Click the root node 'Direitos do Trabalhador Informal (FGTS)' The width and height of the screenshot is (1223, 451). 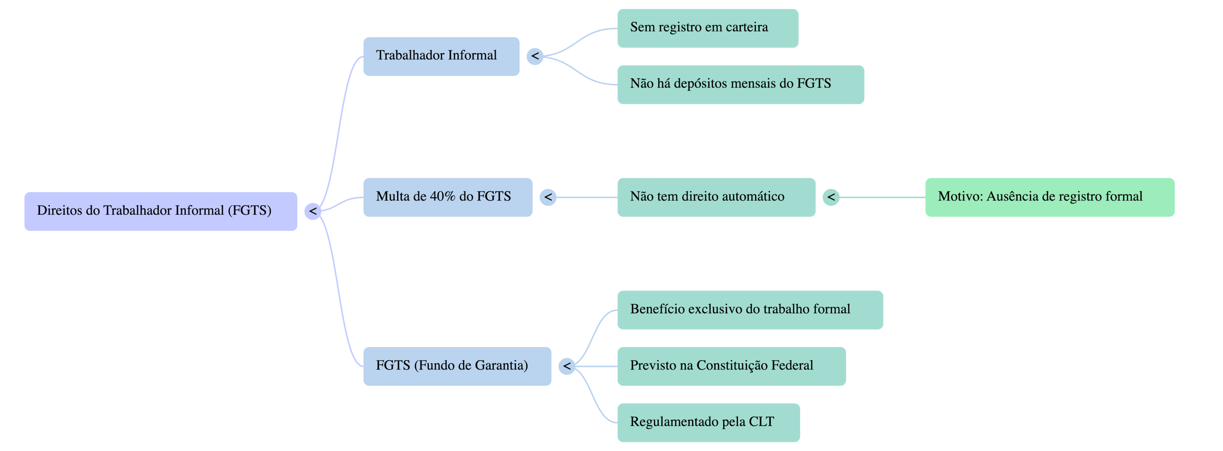[x=161, y=211]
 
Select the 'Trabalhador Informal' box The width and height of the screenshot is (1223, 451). [x=441, y=56]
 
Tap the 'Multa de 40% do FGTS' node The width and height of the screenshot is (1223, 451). [x=448, y=197]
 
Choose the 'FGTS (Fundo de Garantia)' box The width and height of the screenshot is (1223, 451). [x=457, y=366]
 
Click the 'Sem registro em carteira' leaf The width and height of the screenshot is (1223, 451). [x=707, y=28]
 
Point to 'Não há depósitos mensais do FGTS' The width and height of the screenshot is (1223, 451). [x=740, y=84]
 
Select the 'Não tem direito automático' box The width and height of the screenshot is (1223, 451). [x=716, y=197]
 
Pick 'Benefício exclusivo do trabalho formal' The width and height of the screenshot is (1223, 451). [x=750, y=310]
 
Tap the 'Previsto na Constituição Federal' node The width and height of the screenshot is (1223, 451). [x=731, y=366]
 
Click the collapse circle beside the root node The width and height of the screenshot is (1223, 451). [x=313, y=211]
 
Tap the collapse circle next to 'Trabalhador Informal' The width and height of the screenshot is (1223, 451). [x=535, y=56]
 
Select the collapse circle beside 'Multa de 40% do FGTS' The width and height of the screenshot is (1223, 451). [x=548, y=197]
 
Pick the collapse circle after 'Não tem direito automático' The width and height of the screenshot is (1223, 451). [x=831, y=197]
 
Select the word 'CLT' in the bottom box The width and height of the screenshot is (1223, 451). [x=761, y=422]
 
